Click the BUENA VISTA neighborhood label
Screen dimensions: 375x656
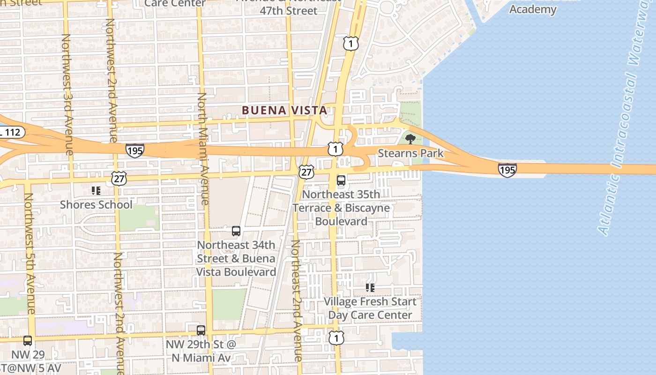(x=284, y=110)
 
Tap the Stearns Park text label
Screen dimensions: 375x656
(x=410, y=153)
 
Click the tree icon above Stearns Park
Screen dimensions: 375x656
(x=410, y=139)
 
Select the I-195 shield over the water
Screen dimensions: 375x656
(x=507, y=170)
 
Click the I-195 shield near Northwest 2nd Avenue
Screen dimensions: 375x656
(x=134, y=150)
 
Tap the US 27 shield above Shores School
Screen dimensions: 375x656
(x=119, y=178)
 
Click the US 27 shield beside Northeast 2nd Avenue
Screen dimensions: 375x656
(x=306, y=172)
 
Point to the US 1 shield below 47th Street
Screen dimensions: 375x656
(x=350, y=44)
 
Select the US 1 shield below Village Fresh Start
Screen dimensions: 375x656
(x=336, y=337)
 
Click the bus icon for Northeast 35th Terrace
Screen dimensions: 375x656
(x=341, y=180)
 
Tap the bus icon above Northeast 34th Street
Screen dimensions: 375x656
(x=236, y=231)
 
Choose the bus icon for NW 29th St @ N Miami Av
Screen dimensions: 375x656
(x=201, y=330)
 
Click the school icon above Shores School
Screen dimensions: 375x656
(x=96, y=191)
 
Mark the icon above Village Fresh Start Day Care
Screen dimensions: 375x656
(x=370, y=287)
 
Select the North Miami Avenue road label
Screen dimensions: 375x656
(x=202, y=148)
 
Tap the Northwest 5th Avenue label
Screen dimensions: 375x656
(x=30, y=253)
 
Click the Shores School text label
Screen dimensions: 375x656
(x=96, y=205)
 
